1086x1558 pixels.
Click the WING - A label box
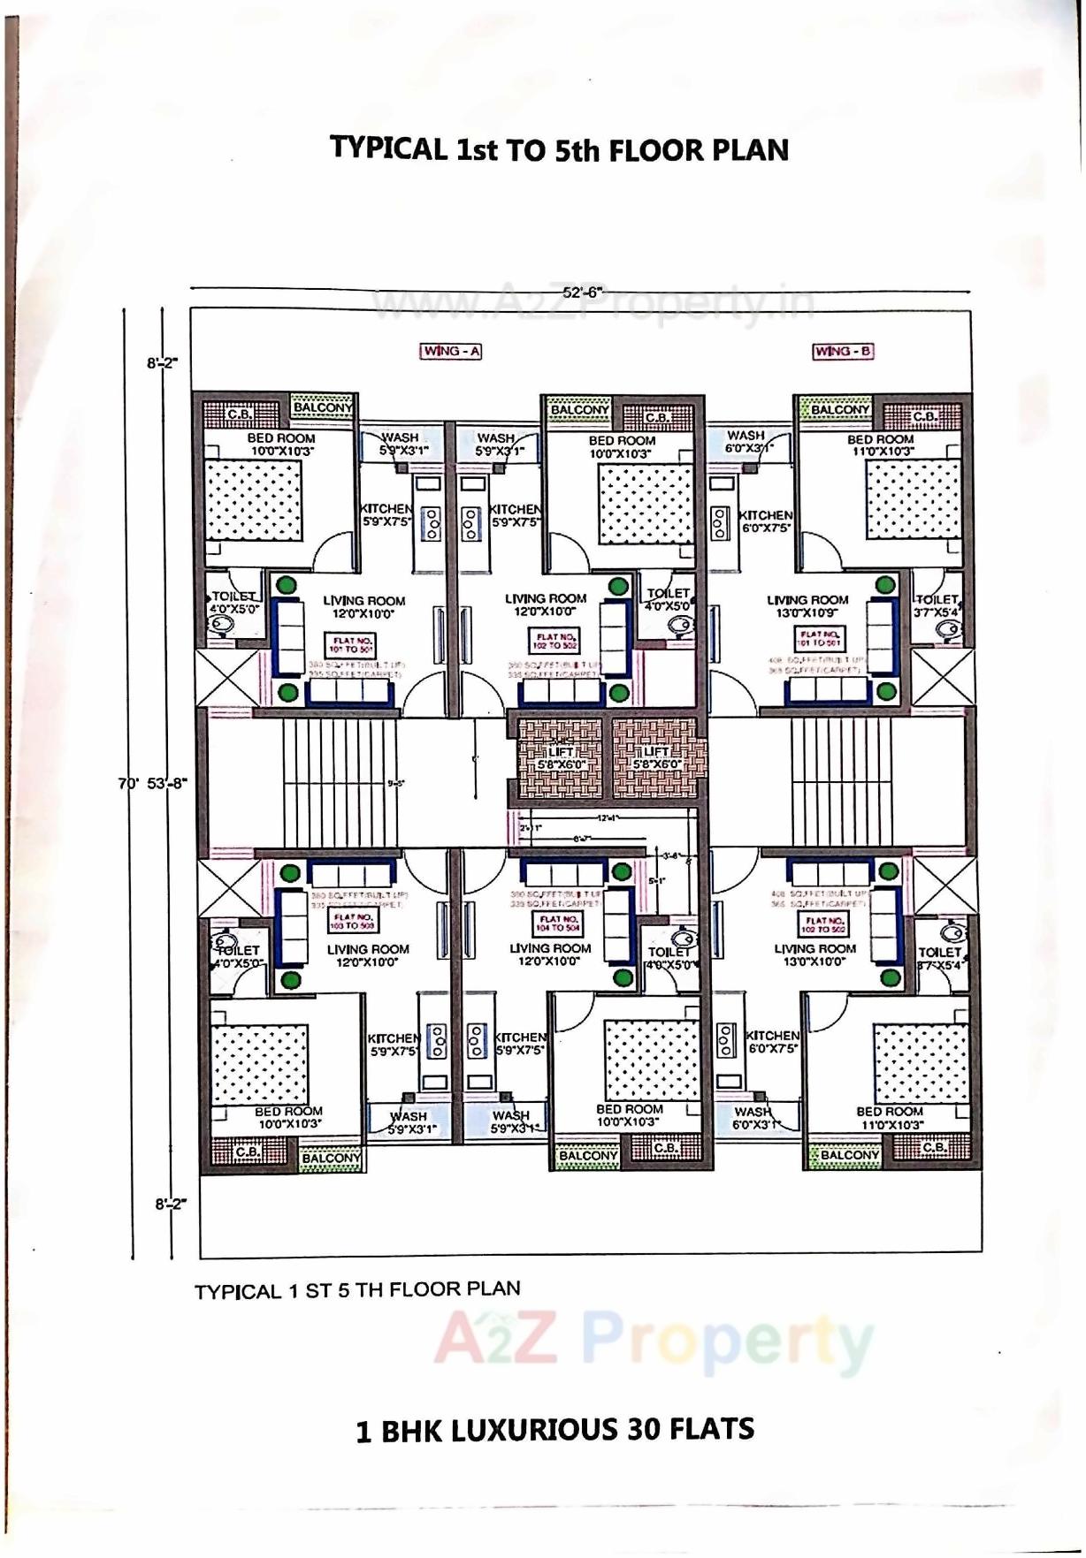coord(451,351)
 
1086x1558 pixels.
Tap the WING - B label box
coord(843,351)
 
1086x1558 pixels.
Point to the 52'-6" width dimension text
coord(582,291)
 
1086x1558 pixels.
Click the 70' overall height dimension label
coord(127,783)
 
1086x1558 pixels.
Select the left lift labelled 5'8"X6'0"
coord(560,757)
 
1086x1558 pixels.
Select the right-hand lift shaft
coord(658,757)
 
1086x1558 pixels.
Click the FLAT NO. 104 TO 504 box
coord(557,923)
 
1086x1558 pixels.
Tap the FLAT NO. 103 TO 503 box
coord(352,922)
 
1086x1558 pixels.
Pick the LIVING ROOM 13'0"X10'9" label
coord(807,605)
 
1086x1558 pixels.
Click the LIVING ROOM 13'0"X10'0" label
coord(814,954)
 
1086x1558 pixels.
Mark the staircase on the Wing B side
coord(840,782)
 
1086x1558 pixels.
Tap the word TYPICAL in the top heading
coord(388,148)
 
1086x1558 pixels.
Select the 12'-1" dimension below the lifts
coord(606,818)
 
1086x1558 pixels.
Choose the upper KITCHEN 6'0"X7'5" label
coord(766,521)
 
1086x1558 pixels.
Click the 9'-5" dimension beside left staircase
coord(396,783)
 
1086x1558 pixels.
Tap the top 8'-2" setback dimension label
coord(162,361)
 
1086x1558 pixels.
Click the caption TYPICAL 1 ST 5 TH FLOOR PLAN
coord(357,1290)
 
